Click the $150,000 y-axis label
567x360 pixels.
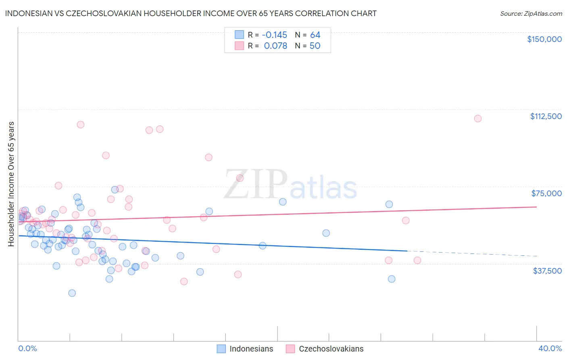(544, 39)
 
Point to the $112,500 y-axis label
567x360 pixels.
(546, 116)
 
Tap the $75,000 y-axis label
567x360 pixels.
(546, 193)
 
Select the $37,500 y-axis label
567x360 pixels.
(547, 271)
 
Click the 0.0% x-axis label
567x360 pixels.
(27, 348)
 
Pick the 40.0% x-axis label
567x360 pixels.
(550, 348)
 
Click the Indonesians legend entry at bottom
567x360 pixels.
(251, 349)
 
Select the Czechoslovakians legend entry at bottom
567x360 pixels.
(331, 349)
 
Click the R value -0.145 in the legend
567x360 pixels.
(274, 35)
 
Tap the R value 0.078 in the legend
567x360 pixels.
(275, 46)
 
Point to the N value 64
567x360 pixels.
(315, 35)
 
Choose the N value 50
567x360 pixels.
(315, 46)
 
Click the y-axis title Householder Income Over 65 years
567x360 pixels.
(11, 184)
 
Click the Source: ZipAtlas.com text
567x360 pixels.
(531, 13)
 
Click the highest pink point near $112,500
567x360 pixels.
(477, 118)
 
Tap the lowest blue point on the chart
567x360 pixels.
(72, 293)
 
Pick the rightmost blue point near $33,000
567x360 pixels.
(391, 279)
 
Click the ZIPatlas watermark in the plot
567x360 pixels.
(290, 185)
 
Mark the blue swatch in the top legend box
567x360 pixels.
(240, 35)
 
